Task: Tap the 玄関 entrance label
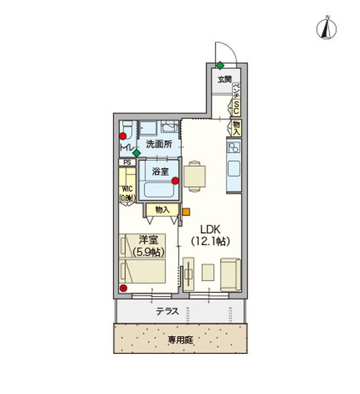coord(225,79)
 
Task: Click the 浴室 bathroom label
coord(160,171)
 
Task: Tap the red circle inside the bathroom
coord(175,183)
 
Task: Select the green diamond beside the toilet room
coord(136,153)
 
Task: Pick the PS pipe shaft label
coord(126,162)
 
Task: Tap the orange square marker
coord(186,211)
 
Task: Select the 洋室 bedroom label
coord(147,240)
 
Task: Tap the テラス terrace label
coord(169,313)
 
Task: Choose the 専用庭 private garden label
coord(179,340)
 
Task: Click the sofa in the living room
coord(230,274)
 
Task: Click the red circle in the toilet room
coord(122,136)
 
